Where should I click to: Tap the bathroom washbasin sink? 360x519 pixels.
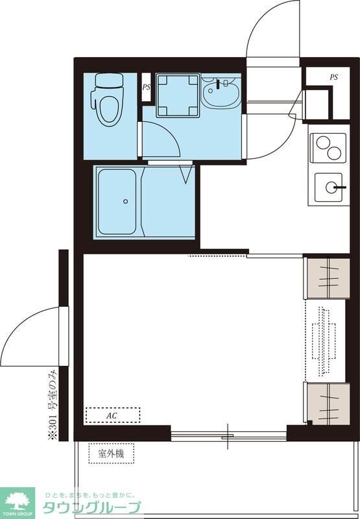(221, 92)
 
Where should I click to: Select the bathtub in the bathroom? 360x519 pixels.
(117, 202)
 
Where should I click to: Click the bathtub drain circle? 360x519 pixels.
(125, 201)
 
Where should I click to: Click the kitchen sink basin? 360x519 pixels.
(330, 187)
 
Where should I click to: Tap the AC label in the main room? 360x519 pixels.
(112, 416)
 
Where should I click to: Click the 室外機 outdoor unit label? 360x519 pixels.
(111, 453)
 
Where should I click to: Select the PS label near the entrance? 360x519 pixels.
(334, 77)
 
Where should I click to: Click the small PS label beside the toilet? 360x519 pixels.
(146, 88)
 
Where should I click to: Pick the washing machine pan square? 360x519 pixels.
(178, 95)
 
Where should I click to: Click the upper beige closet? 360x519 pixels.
(327, 278)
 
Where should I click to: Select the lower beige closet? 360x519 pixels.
(327, 404)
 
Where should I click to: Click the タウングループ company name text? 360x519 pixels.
(92, 507)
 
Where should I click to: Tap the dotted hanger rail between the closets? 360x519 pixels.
(324, 342)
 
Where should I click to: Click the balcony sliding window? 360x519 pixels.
(228, 436)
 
